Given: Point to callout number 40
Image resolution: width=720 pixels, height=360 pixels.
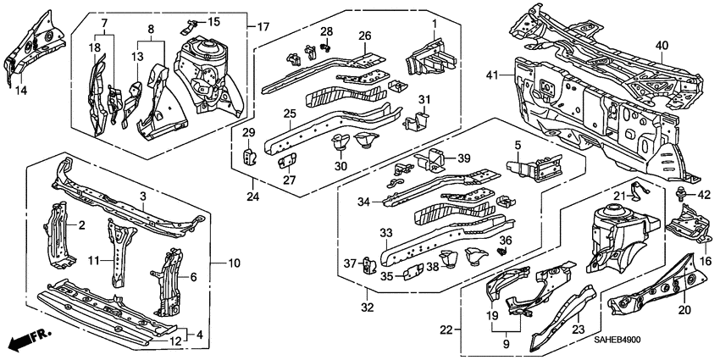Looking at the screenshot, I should pos(661,46).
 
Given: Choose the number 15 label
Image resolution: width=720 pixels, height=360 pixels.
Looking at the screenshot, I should pos(213,21).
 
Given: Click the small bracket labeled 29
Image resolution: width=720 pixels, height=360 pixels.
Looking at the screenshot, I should pos(250,153).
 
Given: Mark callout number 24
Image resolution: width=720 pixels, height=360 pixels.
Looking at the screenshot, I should pos(252,197).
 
